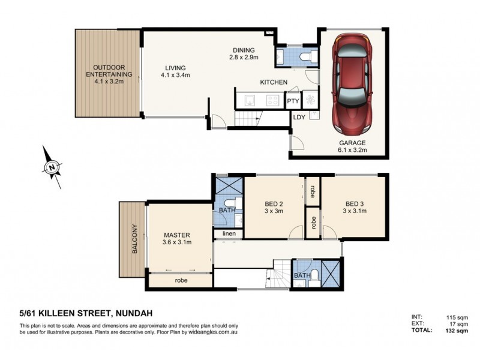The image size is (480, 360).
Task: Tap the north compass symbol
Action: (x=53, y=166)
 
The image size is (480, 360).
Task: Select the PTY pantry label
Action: (x=293, y=101)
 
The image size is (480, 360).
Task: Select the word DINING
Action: (x=244, y=50)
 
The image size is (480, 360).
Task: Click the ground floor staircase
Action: (x=248, y=119)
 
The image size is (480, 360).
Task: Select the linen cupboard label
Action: (x=229, y=233)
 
